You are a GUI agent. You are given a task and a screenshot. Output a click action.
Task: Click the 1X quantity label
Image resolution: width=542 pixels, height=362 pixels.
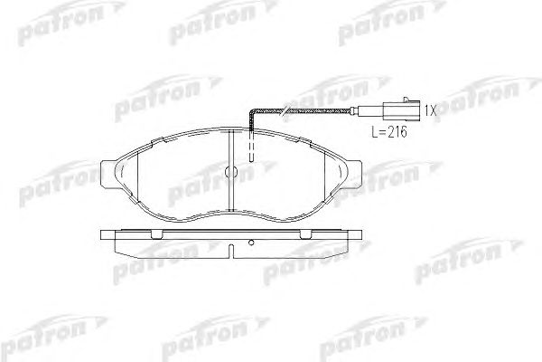[x=430, y=110]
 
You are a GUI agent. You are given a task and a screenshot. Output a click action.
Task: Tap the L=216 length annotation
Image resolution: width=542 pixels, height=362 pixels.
[x=389, y=131]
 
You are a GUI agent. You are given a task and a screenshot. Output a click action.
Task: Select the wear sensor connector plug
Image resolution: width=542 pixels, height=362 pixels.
[x=402, y=110]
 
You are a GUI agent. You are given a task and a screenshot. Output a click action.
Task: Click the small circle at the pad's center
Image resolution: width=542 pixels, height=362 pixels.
[x=230, y=171]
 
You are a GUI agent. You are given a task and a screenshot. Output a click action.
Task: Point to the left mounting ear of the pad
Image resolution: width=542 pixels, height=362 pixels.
[x=107, y=175]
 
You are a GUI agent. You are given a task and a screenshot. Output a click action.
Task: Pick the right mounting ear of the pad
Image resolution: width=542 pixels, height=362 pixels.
[x=354, y=175]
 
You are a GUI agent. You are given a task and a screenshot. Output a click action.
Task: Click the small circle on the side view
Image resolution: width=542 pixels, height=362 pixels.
[x=251, y=243]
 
